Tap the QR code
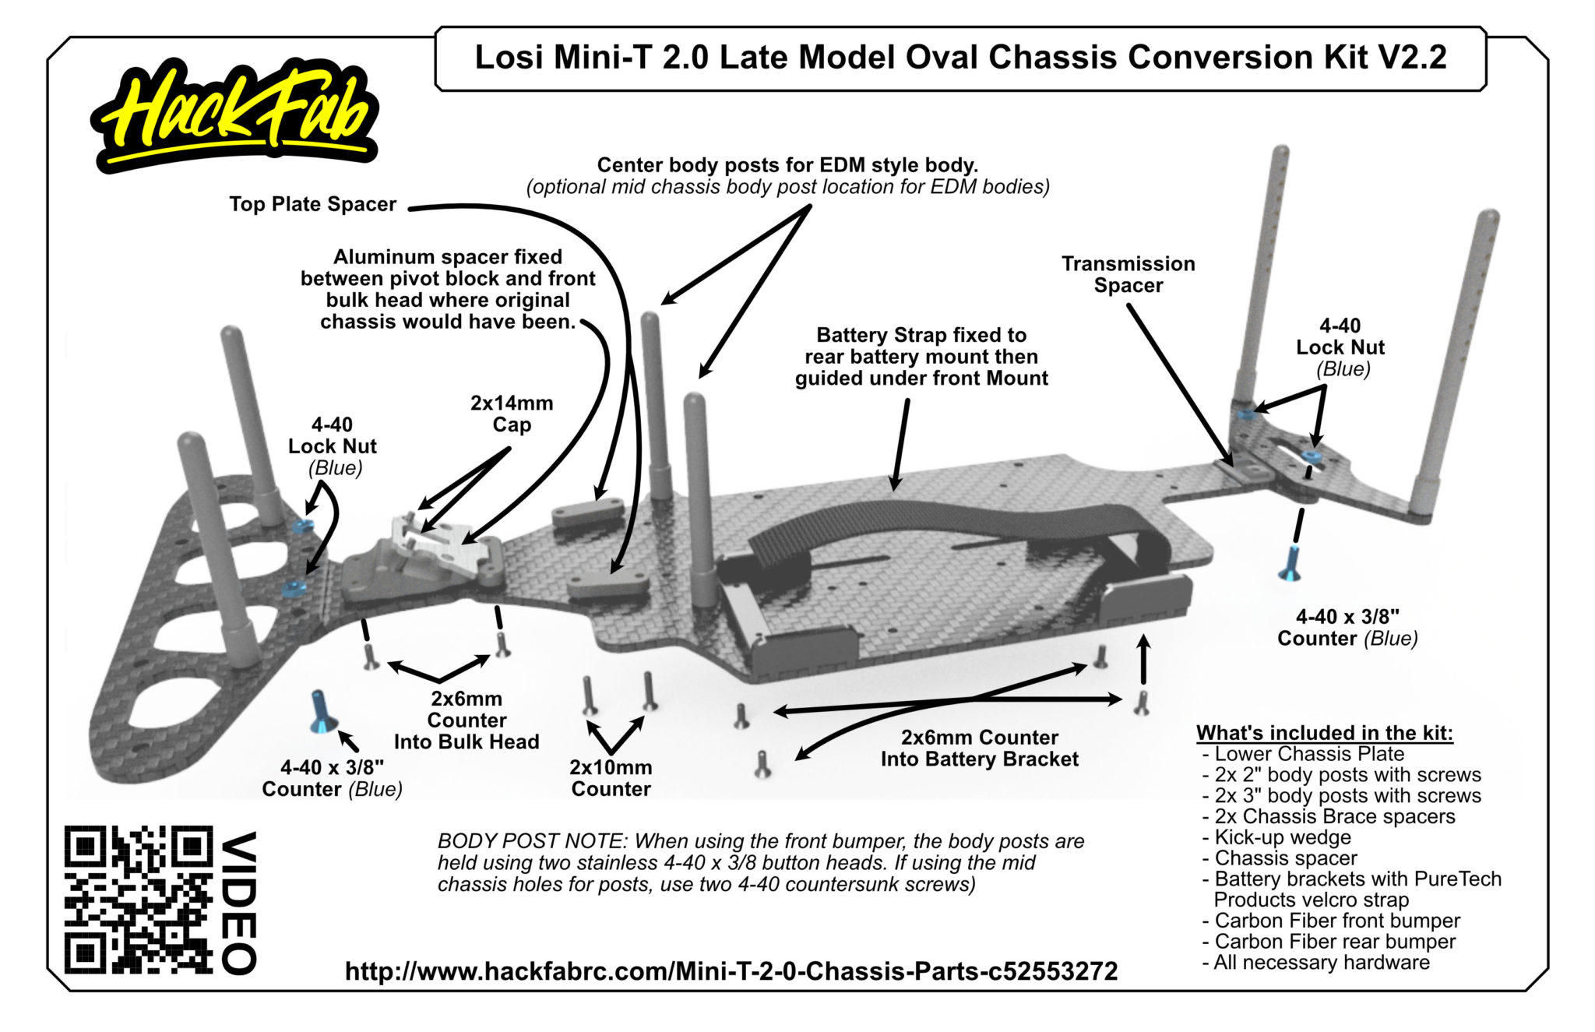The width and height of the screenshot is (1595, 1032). (139, 899)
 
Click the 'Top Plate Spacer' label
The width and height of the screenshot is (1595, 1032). (312, 204)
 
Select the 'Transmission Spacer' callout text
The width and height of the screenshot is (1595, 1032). (1128, 274)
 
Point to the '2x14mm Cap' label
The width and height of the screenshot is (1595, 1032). (512, 414)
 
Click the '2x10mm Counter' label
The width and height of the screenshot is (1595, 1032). (611, 778)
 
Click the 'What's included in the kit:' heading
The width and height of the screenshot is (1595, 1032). (1324, 733)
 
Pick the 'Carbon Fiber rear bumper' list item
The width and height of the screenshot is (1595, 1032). (1334, 942)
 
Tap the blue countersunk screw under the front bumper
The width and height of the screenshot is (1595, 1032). (322, 711)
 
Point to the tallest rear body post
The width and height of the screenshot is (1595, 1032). (1262, 273)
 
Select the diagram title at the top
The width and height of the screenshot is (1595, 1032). (960, 58)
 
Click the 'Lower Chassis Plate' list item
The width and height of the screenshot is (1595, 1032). (1308, 754)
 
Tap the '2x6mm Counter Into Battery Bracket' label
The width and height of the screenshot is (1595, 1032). (979, 748)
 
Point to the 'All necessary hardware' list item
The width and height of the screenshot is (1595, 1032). (1321, 963)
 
